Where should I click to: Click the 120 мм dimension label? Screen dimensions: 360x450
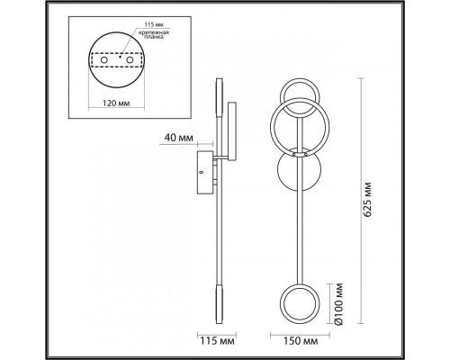114,103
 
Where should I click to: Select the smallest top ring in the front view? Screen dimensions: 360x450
298,97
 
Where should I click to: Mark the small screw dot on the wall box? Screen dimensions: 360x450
202,167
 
